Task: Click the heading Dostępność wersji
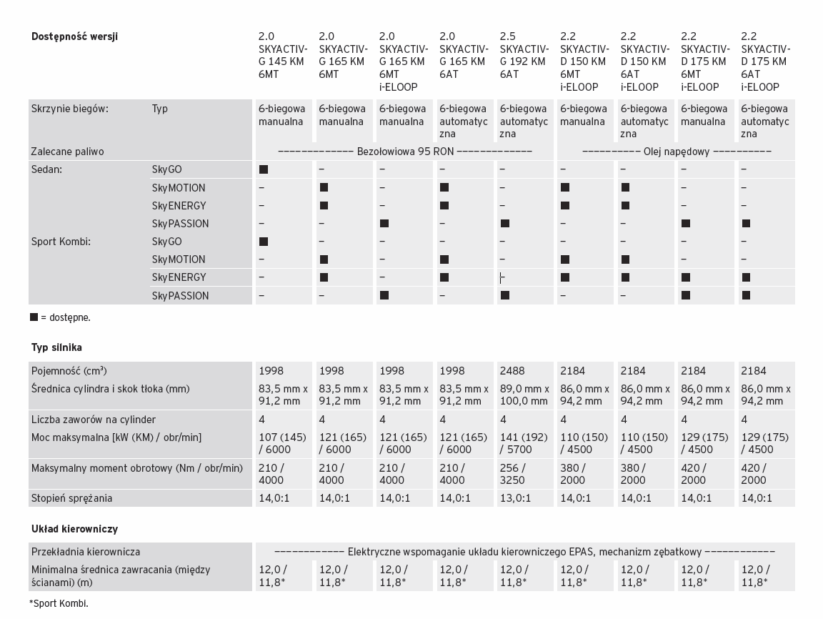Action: tap(74, 37)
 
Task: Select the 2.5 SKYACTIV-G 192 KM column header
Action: tap(524, 56)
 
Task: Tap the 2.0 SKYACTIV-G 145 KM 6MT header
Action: tap(283, 56)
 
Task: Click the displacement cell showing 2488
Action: tap(512, 371)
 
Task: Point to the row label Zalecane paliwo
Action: tap(67, 152)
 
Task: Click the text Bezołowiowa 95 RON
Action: tap(405, 152)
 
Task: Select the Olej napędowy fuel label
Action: tap(677, 152)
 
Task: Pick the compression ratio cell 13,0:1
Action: tap(515, 498)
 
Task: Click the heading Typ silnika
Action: tap(56, 348)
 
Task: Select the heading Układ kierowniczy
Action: tap(74, 530)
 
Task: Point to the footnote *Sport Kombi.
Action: tap(59, 603)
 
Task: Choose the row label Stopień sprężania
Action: tap(71, 498)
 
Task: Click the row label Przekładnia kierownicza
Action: tap(86, 552)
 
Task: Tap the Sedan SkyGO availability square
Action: tap(264, 170)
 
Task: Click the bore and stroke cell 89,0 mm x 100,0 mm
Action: tap(524, 395)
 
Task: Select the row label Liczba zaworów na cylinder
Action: tap(93, 420)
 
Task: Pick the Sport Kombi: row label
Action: tap(61, 242)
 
